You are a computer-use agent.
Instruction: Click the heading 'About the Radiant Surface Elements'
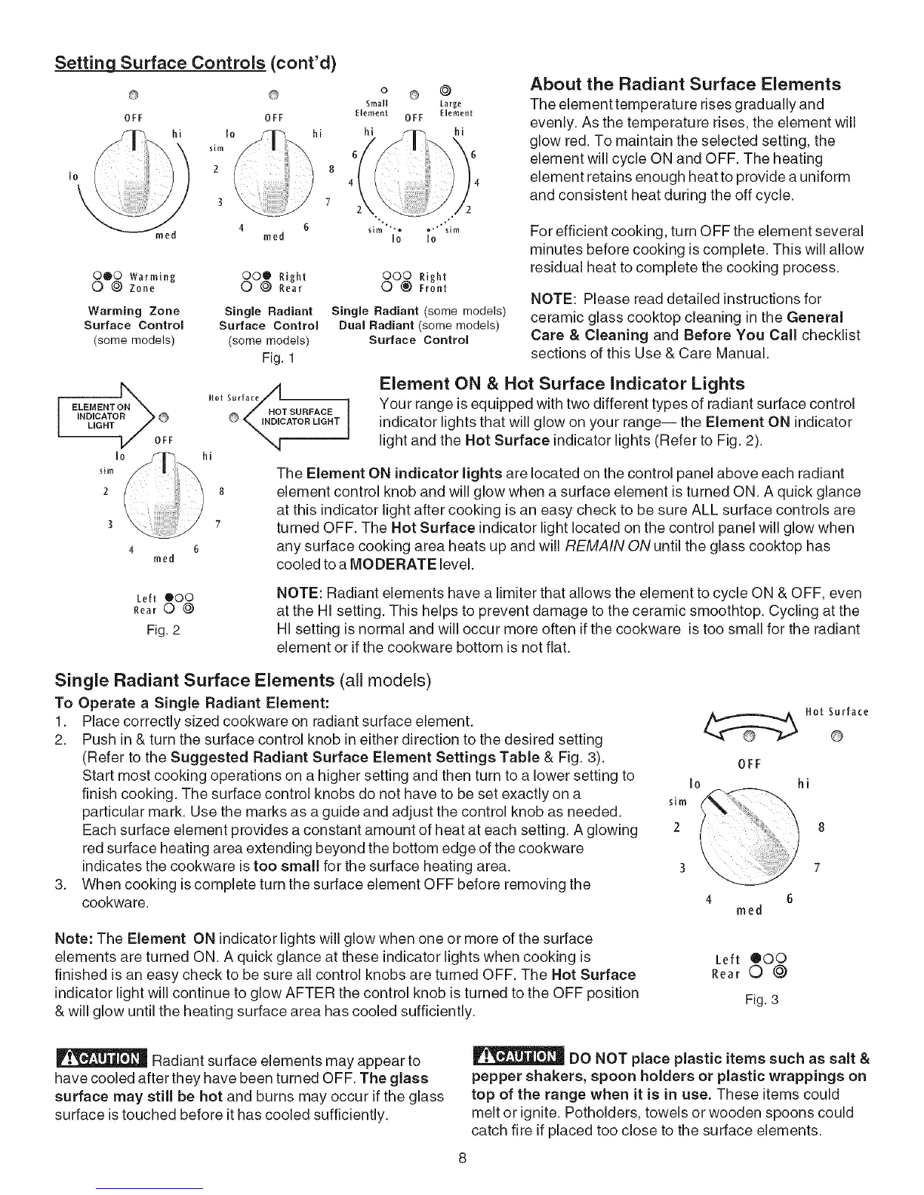[685, 84]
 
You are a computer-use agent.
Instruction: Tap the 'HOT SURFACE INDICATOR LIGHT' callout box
[300, 416]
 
